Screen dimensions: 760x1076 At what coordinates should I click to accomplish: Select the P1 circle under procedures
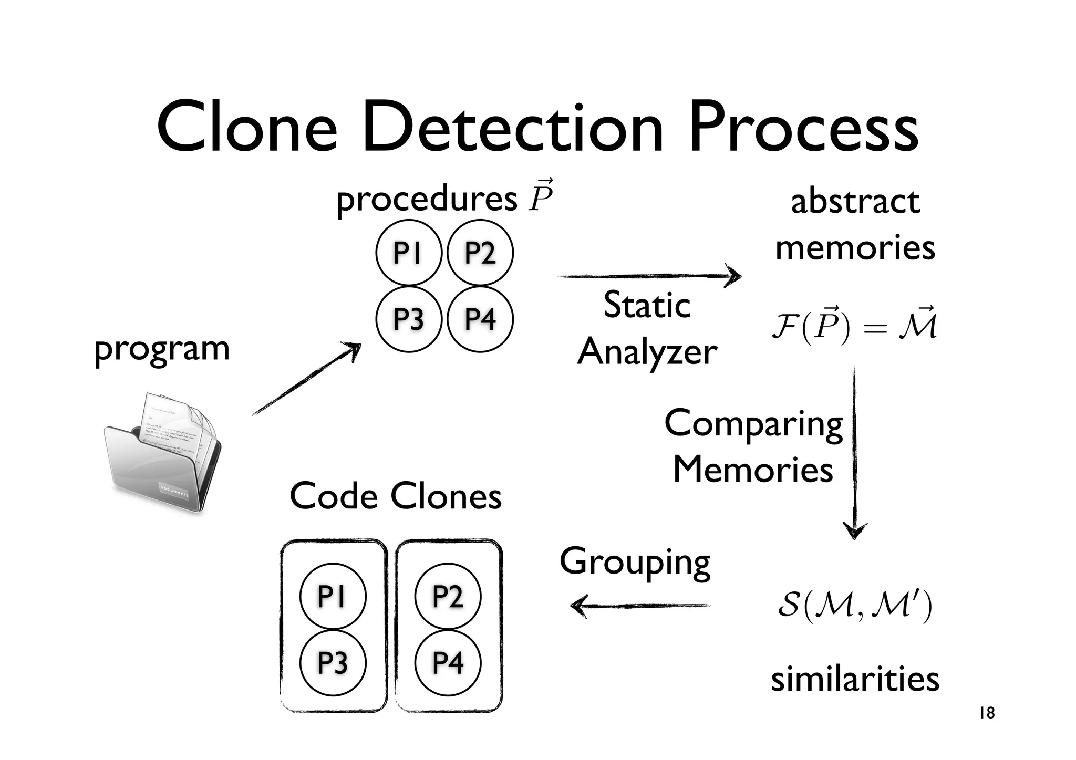[408, 253]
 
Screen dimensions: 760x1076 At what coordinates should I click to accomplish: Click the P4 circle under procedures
[480, 319]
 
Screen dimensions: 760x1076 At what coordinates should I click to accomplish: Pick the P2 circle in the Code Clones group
[448, 596]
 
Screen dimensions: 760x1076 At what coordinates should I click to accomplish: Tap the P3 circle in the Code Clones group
[333, 662]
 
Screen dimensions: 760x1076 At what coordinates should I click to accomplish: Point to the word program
[162, 349]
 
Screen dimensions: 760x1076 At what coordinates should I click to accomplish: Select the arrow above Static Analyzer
[649, 276]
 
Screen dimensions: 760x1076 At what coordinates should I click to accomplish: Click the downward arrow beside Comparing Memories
[854, 452]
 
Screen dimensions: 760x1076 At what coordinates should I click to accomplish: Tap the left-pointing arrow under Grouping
[641, 606]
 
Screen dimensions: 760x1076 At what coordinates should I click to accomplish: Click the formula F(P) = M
[854, 327]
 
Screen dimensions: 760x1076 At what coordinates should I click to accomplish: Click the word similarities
[855, 679]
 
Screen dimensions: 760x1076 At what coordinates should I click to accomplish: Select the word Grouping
[635, 562]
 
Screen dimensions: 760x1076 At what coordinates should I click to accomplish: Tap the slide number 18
[987, 713]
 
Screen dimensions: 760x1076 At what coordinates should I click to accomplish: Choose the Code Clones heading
[396, 496]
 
